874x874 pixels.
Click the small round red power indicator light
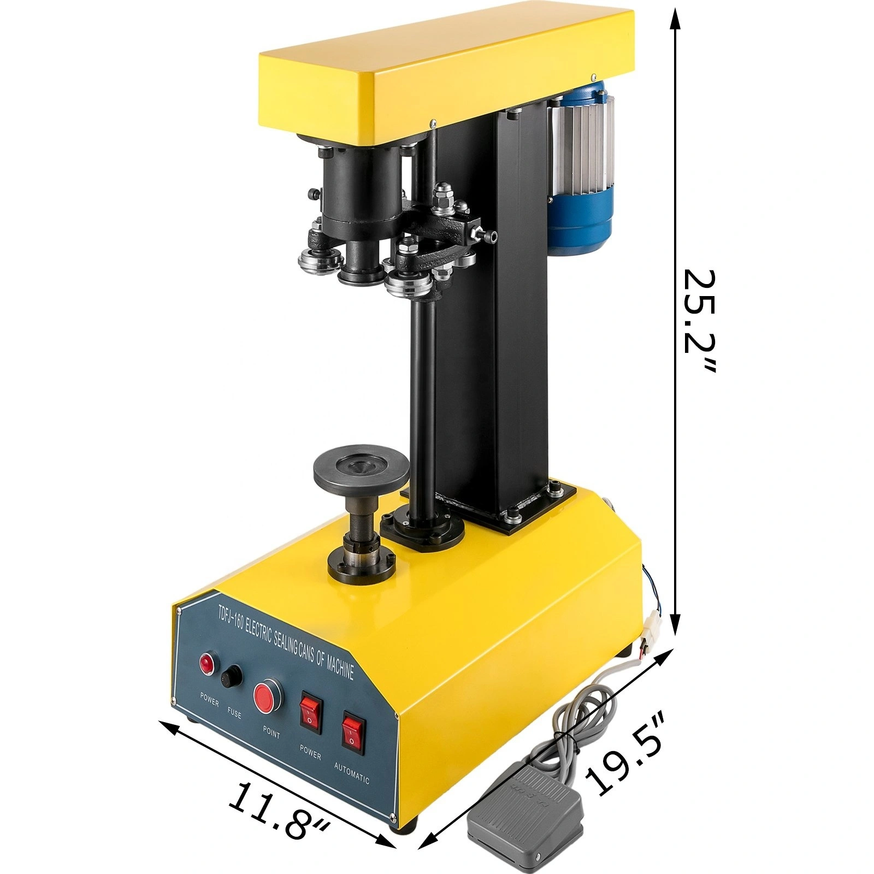pyautogui.click(x=206, y=663)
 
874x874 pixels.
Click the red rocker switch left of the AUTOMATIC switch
pyautogui.click(x=311, y=714)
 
